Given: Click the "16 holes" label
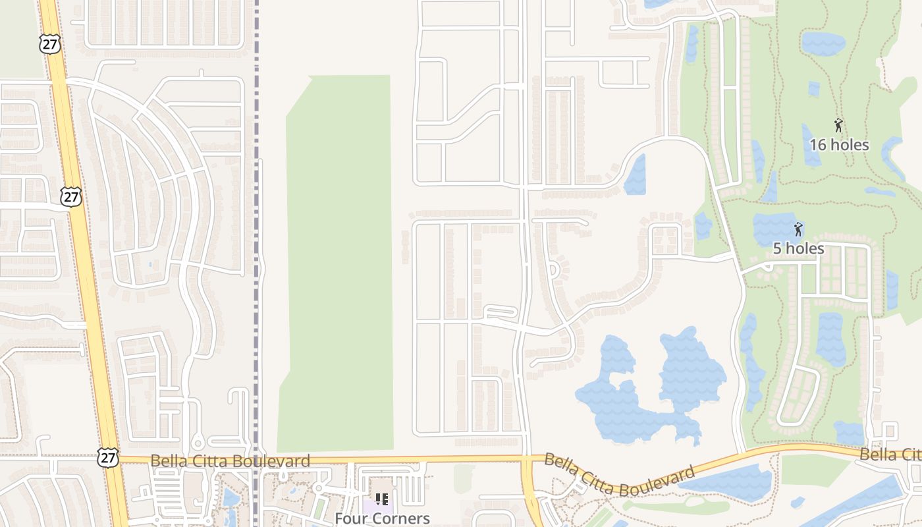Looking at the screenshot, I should pyautogui.click(x=839, y=145).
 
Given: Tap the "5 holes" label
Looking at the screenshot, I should pyautogui.click(x=798, y=248).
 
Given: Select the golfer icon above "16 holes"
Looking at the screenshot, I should pyautogui.click(x=838, y=125).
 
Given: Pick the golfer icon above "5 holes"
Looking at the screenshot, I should pyautogui.click(x=798, y=229).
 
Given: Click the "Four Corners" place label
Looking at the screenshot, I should pyautogui.click(x=382, y=518).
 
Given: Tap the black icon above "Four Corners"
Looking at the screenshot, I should pyautogui.click(x=381, y=499).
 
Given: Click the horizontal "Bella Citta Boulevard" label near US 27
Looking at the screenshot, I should pyautogui.click(x=230, y=460).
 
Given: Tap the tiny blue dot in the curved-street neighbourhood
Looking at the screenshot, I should pyautogui.click(x=150, y=265).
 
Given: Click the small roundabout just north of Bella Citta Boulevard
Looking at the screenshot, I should pyautogui.click(x=197, y=443).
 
